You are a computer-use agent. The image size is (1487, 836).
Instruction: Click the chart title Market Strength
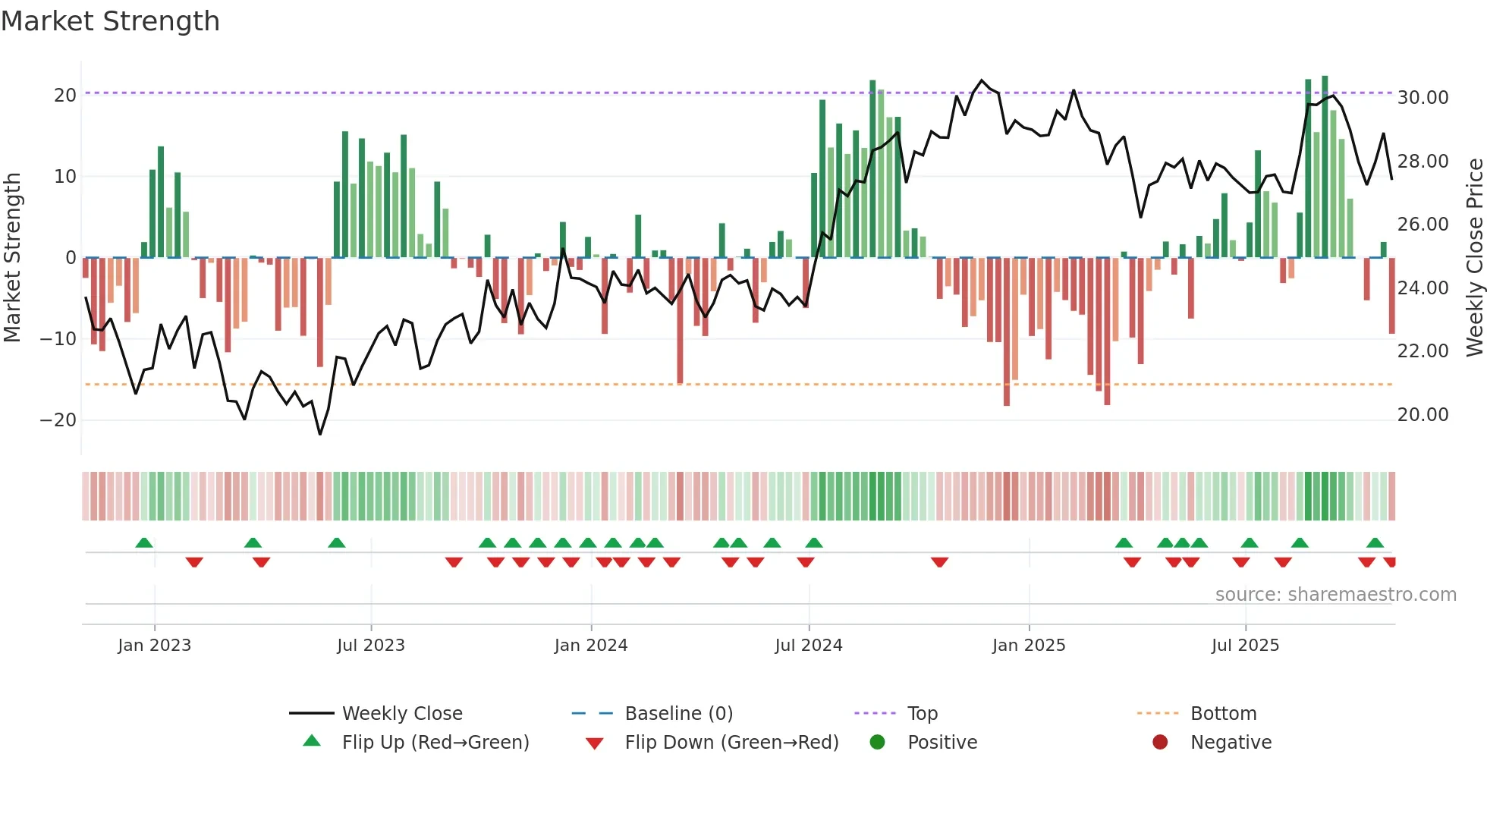(x=110, y=21)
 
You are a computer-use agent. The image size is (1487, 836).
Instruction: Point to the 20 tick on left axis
(x=65, y=96)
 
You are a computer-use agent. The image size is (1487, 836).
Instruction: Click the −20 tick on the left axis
(x=58, y=420)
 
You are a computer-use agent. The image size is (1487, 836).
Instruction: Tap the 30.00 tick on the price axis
(x=1423, y=98)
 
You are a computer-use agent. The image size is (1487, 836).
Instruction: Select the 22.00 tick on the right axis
(x=1423, y=351)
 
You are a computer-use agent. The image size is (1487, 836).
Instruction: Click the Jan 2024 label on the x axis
(x=591, y=646)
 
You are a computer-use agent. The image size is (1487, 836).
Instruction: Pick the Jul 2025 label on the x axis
(x=1245, y=646)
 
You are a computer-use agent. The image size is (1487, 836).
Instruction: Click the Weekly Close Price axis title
(x=1474, y=257)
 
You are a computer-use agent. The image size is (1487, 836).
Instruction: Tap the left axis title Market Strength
(x=13, y=257)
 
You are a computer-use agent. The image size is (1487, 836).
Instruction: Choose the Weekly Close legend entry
(x=401, y=714)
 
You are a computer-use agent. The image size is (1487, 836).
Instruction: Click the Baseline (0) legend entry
(x=678, y=714)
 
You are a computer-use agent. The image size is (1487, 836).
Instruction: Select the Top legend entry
(x=922, y=714)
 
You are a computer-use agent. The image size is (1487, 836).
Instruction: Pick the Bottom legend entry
(x=1223, y=714)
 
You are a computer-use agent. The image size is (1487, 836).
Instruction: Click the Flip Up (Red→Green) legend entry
(x=435, y=743)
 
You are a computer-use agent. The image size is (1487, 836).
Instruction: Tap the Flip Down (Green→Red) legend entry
(x=731, y=743)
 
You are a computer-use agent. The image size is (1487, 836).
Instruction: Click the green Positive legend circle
(x=878, y=743)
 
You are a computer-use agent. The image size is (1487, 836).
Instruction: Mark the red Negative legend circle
(x=1160, y=743)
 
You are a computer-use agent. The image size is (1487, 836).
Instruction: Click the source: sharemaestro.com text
(x=1335, y=595)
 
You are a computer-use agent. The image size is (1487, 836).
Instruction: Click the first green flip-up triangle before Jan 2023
(x=144, y=543)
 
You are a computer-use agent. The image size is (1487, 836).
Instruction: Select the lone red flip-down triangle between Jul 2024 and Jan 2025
(x=939, y=562)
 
